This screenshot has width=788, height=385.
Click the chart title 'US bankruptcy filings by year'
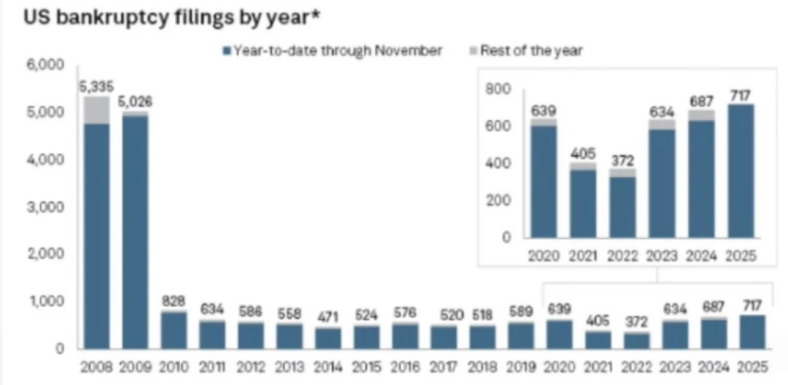pos(172,18)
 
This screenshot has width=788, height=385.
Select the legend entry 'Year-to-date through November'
pos(332,51)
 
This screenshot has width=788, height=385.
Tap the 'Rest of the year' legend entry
pos(527,51)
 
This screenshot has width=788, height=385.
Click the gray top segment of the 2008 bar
pos(97,110)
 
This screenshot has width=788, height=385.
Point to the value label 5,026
pos(135,101)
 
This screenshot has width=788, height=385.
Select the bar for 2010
pos(173,330)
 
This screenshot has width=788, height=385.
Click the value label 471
pos(328,317)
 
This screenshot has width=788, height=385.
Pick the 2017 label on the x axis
pos(443,367)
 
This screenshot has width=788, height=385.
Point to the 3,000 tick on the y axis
pos(46,207)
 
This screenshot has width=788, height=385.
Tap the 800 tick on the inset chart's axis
pos(498,89)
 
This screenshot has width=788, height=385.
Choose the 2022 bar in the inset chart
pos(622,203)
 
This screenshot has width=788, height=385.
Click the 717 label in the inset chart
pos(740,96)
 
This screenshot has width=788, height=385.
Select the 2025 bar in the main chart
pos(753,332)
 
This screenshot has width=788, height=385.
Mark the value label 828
pos(173,301)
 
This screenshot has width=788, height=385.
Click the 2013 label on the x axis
pos(289,367)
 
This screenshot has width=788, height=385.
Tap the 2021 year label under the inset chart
pos(583,256)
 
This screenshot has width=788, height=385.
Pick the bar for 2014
pos(328,338)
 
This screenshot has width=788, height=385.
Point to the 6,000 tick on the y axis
pos(46,64)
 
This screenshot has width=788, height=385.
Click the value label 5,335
pos(97,87)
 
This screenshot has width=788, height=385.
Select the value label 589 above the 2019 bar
pos(520,312)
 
